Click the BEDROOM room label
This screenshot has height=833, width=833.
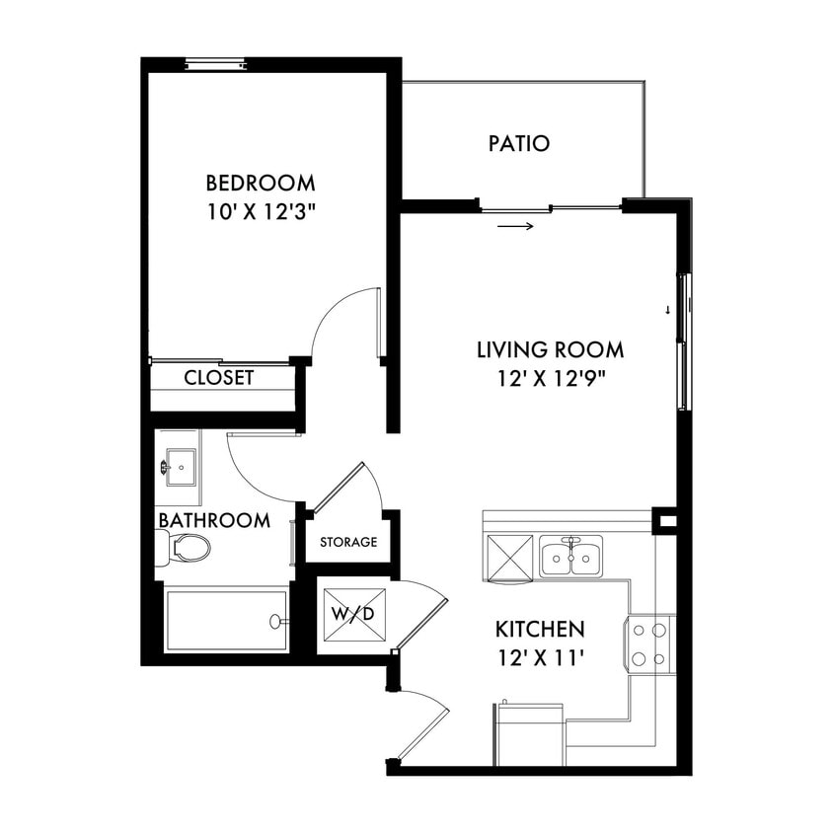click(261, 183)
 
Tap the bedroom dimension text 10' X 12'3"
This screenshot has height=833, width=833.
click(261, 211)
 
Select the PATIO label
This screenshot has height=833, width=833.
click(519, 143)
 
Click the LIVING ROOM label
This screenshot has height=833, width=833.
click(550, 349)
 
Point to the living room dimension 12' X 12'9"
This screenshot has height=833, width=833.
click(550, 378)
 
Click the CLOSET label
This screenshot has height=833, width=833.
click(219, 378)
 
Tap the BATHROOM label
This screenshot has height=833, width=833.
click(213, 520)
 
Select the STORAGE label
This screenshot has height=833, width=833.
click(348, 542)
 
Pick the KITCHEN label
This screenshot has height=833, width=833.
click(540, 629)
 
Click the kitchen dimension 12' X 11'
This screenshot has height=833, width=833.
click(540, 657)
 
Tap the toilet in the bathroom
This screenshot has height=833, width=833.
click(184, 548)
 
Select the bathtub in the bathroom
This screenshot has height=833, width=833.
click(226, 621)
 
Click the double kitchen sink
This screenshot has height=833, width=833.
click(570, 558)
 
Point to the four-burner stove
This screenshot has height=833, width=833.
click(650, 644)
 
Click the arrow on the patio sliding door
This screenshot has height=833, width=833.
click(516, 227)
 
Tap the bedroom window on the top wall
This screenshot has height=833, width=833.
click(216, 65)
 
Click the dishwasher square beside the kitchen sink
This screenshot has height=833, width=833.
click(508, 557)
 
